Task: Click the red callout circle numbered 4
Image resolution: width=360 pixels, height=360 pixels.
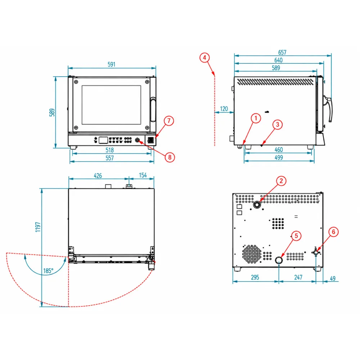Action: (204, 57)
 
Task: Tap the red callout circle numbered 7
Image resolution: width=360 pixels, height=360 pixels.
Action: (169, 121)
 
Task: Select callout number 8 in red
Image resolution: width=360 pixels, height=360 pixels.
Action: (170, 157)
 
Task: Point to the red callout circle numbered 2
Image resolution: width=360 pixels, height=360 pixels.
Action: (281, 181)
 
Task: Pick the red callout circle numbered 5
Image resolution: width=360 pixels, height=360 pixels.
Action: (296, 236)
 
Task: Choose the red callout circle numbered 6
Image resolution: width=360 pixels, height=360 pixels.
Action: (333, 231)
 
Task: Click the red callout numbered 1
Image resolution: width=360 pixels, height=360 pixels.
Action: (256, 118)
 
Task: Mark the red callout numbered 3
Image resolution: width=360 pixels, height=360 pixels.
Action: (277, 125)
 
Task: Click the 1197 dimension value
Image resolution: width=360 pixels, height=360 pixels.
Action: (38, 227)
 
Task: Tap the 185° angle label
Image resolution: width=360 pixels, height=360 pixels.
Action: (48, 271)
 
